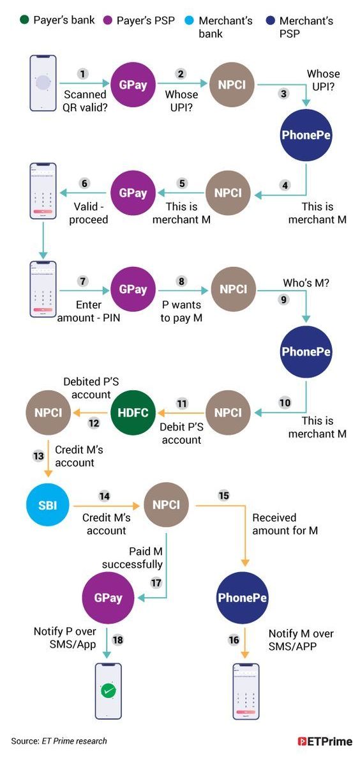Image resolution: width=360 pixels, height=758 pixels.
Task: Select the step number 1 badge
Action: pyautogui.click(x=83, y=74)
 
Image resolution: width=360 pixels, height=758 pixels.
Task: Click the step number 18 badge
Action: pyautogui.click(x=117, y=640)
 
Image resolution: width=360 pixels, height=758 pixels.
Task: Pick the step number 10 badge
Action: pyautogui.click(x=285, y=402)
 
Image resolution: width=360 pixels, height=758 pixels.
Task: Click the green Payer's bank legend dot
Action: pyautogui.click(x=24, y=21)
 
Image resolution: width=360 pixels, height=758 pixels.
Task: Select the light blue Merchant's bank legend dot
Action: pyautogui.click(x=190, y=21)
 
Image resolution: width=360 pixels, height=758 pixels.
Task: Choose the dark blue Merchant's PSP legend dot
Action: pyautogui.click(x=271, y=21)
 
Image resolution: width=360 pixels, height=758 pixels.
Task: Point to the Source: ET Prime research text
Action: pyautogui.click(x=59, y=741)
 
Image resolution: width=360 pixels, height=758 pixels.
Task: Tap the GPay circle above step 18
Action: pyautogui.click(x=109, y=598)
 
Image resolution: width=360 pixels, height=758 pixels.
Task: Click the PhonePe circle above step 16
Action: pyautogui.click(x=243, y=598)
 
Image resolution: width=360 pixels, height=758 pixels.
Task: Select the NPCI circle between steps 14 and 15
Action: pyautogui.click(x=166, y=505)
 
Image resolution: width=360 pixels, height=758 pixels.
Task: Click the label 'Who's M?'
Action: pyautogui.click(x=306, y=284)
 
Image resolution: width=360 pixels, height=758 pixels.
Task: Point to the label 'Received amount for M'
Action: pyautogui.click(x=285, y=524)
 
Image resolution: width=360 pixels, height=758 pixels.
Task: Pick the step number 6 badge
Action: pyautogui.click(x=85, y=184)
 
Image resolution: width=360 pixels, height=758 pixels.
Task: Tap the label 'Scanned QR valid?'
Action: pyautogui.click(x=86, y=101)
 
